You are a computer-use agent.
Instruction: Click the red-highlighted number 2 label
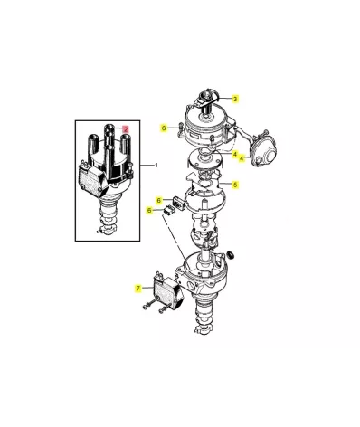coord(126,129)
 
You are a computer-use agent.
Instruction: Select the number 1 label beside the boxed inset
coord(156,165)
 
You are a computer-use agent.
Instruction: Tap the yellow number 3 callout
coord(235,99)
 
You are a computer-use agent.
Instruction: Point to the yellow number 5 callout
coord(235,185)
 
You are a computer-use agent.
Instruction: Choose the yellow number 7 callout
coord(138,289)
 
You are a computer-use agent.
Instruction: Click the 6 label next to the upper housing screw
coord(164,128)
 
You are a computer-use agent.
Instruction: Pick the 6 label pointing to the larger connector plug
coord(159,200)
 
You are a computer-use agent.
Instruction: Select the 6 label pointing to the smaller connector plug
coord(149,210)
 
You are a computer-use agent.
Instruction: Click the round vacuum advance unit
coord(263,150)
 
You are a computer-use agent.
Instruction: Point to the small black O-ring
coord(231,254)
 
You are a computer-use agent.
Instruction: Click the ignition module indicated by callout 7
coord(169,291)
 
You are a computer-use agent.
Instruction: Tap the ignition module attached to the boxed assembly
coord(93,179)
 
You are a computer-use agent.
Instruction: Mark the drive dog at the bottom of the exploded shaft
coord(205,327)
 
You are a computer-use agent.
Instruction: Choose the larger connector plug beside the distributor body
coord(179,202)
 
